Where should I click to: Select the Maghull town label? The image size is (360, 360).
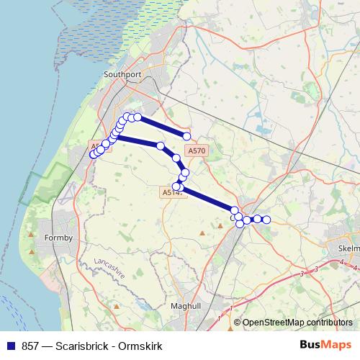point(186,306)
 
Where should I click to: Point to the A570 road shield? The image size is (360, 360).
point(196,151)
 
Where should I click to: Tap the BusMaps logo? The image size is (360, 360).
point(325,344)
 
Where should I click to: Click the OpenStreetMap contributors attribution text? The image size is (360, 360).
point(297,323)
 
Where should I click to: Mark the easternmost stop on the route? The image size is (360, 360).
point(266,220)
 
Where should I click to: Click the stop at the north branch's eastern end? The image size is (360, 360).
point(187,136)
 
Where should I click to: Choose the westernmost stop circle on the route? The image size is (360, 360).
point(93,154)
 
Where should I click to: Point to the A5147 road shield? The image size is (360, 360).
point(172,192)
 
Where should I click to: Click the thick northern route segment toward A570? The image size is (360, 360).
point(162,127)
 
